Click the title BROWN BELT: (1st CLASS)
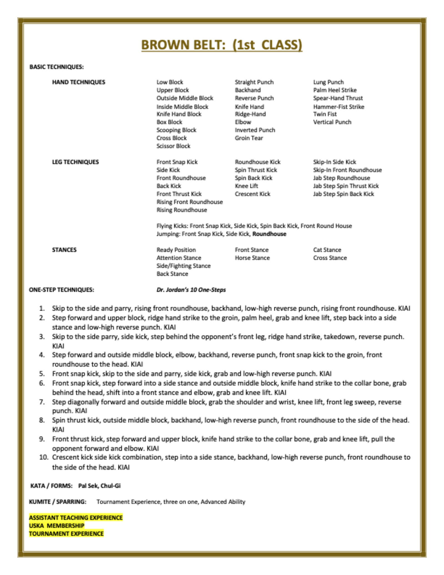221,45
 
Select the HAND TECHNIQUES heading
79,82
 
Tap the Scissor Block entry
173,146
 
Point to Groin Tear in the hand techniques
249,138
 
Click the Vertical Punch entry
332,122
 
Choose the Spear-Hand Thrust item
338,98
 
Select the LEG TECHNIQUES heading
75,162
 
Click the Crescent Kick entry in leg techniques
252,194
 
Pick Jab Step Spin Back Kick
343,194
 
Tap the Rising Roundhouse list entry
181,210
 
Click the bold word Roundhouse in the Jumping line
269,234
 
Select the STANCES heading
64,250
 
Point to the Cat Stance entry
327,250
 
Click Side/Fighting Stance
183,266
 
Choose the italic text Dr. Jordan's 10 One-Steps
191,290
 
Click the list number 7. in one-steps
42,402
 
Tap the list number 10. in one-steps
44,457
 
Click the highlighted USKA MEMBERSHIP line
56,526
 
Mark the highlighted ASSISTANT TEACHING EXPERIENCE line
75,517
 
